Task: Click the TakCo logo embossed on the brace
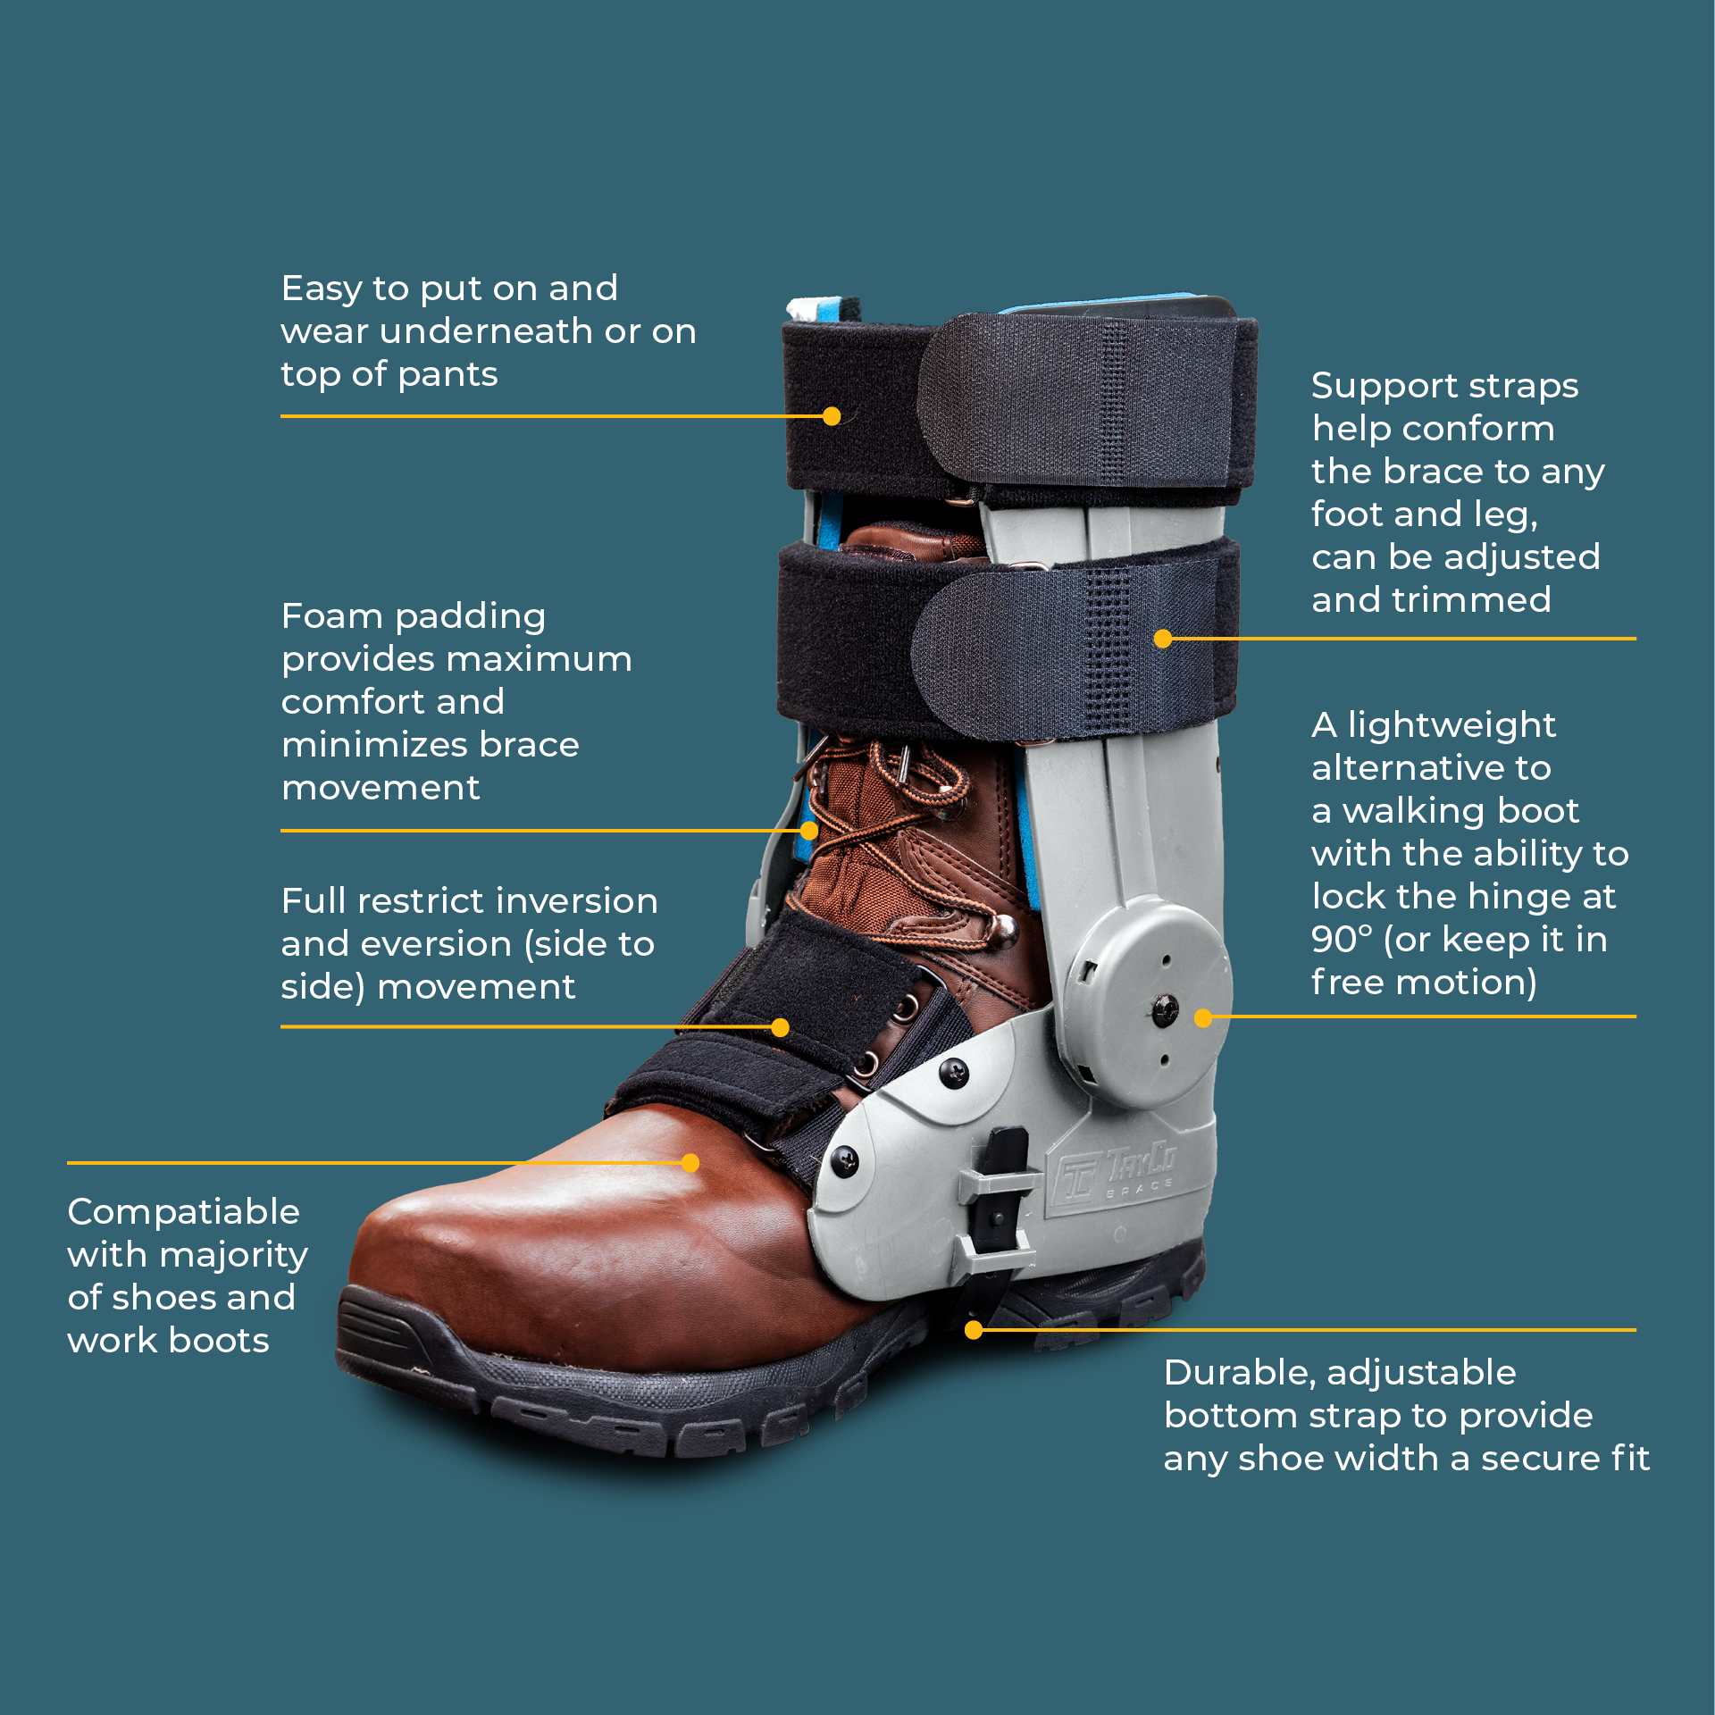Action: [1117, 1173]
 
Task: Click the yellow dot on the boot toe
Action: [690, 1162]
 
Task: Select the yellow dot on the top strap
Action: [832, 416]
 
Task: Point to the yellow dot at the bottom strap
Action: [974, 1330]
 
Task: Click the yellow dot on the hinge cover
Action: [1203, 1017]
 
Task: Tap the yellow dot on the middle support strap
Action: [1162, 639]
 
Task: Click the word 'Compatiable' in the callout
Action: [183, 1212]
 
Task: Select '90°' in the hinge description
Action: [1341, 939]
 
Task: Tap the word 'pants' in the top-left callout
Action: [448, 374]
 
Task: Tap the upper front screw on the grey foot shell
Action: [955, 1072]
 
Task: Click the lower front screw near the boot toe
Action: [844, 1160]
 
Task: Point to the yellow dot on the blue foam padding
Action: [809, 831]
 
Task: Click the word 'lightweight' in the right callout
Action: [1451, 724]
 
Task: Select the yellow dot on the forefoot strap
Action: [780, 1027]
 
